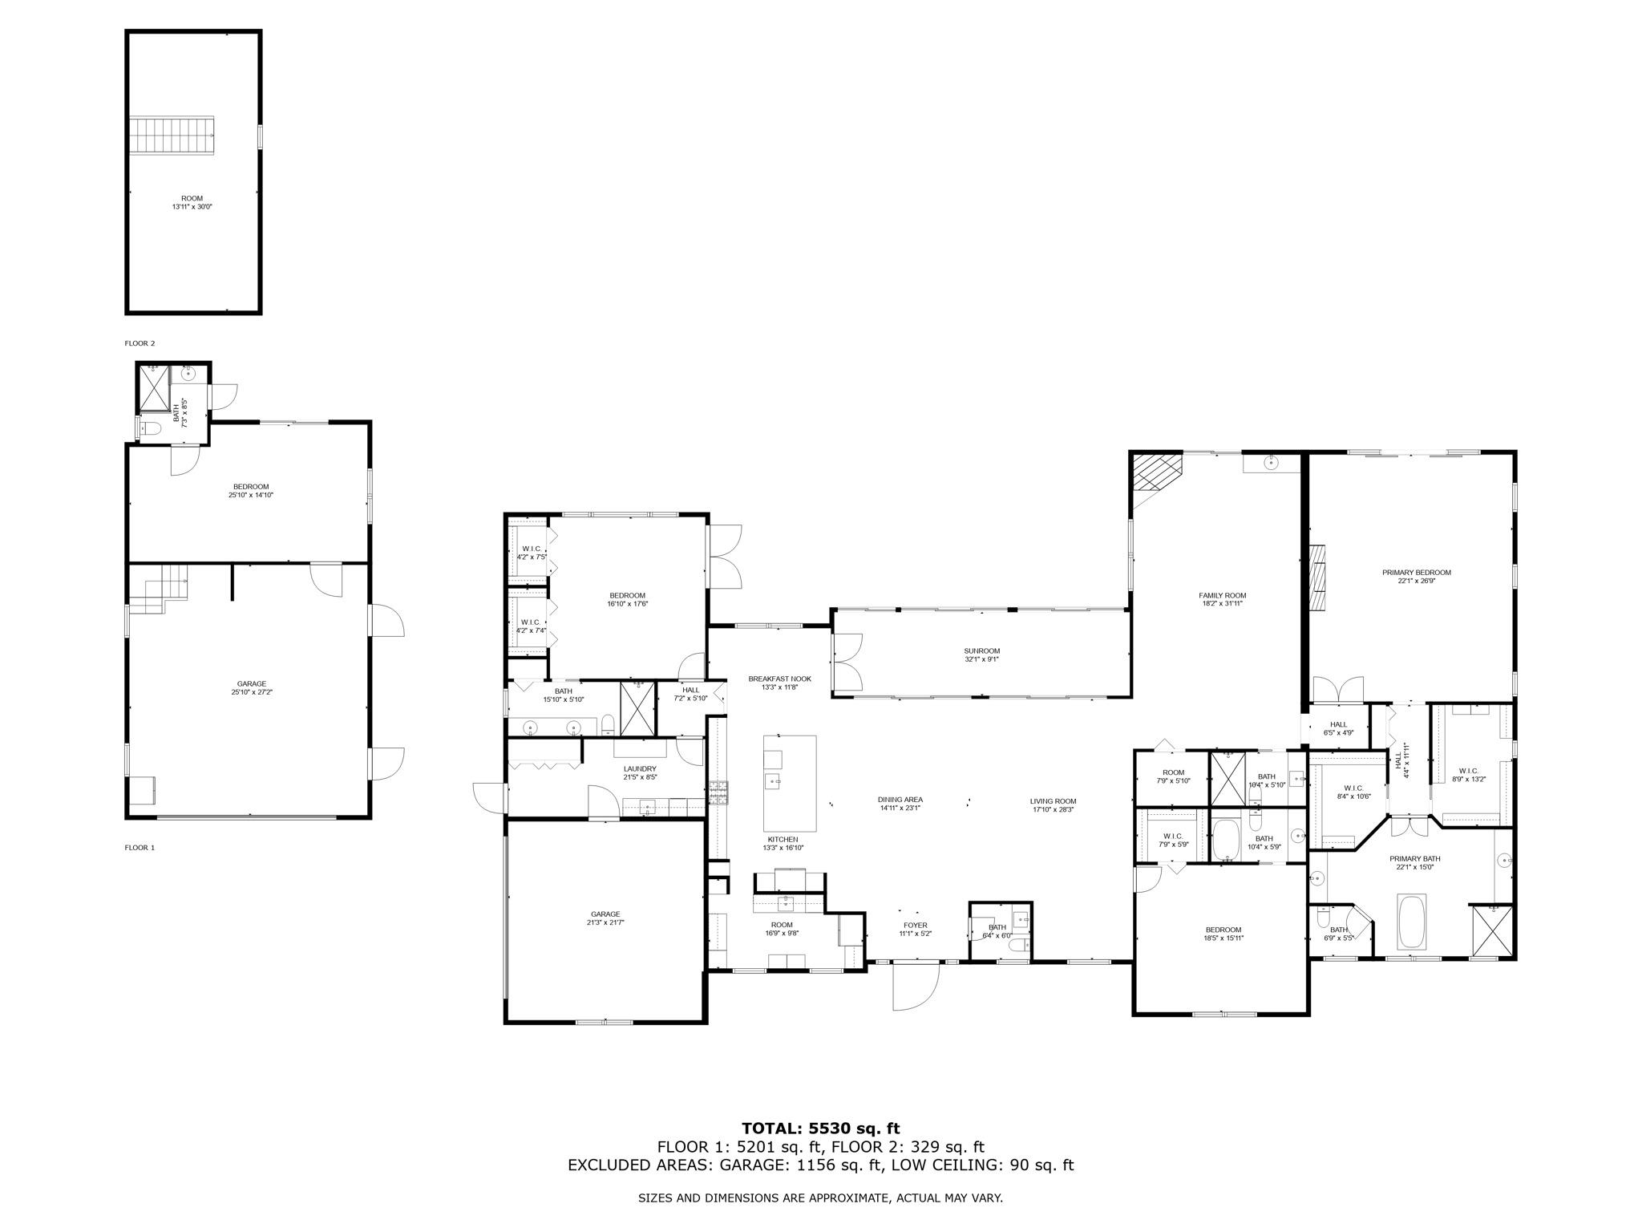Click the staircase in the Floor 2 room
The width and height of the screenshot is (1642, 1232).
174,135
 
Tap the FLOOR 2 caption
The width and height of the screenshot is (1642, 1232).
140,343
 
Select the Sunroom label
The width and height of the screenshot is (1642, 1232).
981,655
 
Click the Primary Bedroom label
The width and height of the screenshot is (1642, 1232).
1416,576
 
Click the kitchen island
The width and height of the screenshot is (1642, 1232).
789,784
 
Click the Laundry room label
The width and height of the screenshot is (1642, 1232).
640,772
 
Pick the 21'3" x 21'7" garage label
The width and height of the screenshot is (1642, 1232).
605,918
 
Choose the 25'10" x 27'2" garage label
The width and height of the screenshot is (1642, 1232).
251,687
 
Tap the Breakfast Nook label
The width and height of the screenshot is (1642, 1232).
779,683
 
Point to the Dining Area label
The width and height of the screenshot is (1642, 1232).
900,803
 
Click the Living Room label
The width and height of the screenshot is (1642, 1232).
1053,804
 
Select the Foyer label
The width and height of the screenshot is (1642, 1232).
915,929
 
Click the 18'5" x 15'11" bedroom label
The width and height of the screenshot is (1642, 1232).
1223,934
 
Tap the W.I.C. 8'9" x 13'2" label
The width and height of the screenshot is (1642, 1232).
1469,774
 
